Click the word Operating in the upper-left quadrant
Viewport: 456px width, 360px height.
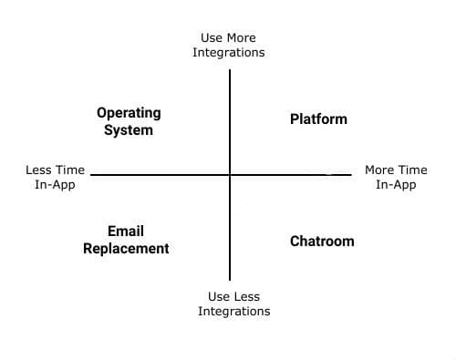coord(129,113)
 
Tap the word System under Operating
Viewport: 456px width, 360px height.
coord(129,129)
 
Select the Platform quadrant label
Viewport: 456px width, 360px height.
coord(318,118)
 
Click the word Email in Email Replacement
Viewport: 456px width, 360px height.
coord(126,231)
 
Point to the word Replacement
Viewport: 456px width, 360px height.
coord(126,248)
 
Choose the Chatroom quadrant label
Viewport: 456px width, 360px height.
coord(322,241)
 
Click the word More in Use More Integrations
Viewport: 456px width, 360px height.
coord(241,38)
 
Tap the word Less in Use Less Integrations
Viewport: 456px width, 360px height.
coord(248,296)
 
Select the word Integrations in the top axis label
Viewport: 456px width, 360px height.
coord(229,53)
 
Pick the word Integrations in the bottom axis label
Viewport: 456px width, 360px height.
coord(234,311)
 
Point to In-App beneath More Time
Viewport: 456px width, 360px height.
coord(396,184)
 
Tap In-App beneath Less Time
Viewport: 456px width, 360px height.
coord(55,184)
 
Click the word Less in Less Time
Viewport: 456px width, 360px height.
coord(41,170)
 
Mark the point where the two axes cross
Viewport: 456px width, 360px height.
coord(230,174)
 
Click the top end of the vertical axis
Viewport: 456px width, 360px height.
coord(230,70)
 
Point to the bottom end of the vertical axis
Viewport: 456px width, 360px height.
coord(230,279)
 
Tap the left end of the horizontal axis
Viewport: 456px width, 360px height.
coord(92,174)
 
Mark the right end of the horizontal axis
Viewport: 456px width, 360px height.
coord(349,174)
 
